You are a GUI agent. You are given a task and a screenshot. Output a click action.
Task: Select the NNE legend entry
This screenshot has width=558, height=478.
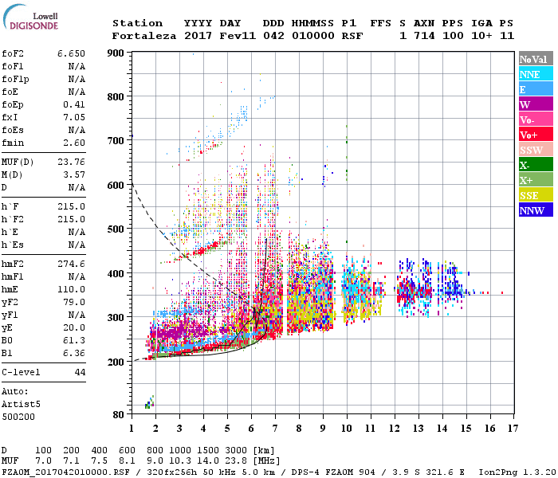coord(536,74)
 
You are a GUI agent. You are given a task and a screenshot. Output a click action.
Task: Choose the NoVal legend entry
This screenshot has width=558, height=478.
coord(536,59)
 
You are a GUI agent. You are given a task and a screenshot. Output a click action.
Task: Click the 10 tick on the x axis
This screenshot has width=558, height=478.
coord(347,428)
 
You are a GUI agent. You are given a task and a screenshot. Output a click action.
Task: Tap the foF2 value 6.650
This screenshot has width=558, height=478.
coord(71,53)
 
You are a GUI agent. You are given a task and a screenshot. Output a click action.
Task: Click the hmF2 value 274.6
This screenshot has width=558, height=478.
coord(71,263)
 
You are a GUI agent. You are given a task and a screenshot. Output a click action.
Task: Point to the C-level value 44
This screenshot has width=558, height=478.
coord(80,372)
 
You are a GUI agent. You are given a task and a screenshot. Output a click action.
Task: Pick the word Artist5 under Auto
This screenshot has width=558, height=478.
coord(20,404)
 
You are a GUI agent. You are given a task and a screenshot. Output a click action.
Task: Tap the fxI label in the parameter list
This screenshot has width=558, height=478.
coord(10,117)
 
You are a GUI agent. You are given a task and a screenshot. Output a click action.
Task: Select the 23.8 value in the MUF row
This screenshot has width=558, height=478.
coord(237,461)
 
